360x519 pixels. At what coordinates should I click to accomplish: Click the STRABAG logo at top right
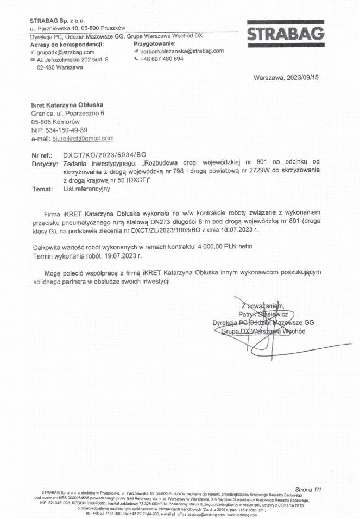[x=286, y=34]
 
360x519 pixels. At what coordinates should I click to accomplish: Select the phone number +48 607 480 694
[x=162, y=59]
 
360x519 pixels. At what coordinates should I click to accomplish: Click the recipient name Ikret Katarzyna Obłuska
[x=67, y=104]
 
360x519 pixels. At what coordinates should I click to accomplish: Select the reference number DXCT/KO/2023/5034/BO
[x=105, y=155]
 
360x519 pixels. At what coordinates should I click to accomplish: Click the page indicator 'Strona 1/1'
[x=308, y=489]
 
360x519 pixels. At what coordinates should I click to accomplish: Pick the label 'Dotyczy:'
[x=45, y=164]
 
